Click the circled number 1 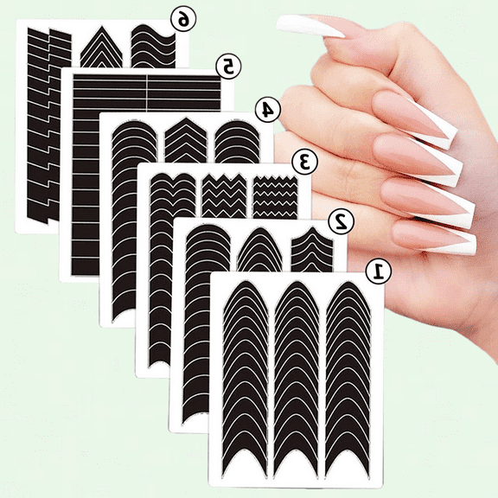379,271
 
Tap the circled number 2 342,220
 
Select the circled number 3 303,161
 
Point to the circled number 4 267,110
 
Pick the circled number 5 228,65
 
